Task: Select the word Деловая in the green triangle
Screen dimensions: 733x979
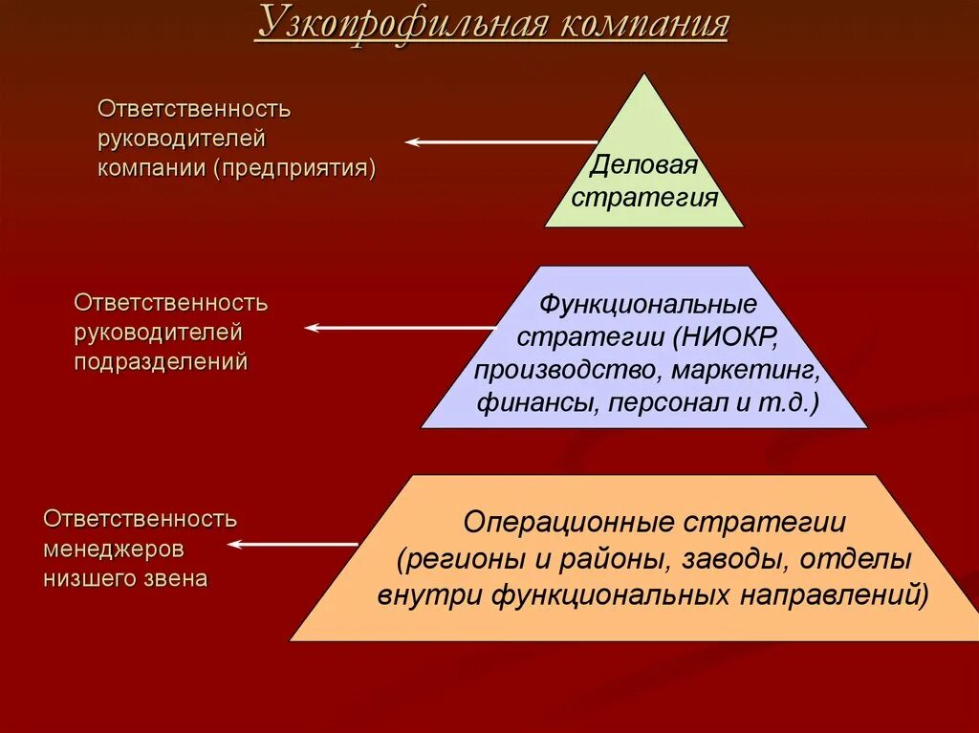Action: pyautogui.click(x=643, y=165)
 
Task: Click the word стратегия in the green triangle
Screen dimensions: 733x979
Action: pyautogui.click(x=644, y=198)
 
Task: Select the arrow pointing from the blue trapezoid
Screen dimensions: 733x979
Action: pyautogui.click(x=401, y=328)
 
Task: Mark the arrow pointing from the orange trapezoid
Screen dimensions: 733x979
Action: pyautogui.click(x=293, y=545)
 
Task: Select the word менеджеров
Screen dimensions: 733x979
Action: pyautogui.click(x=114, y=550)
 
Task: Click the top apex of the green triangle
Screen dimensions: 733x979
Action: pyautogui.click(x=645, y=75)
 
